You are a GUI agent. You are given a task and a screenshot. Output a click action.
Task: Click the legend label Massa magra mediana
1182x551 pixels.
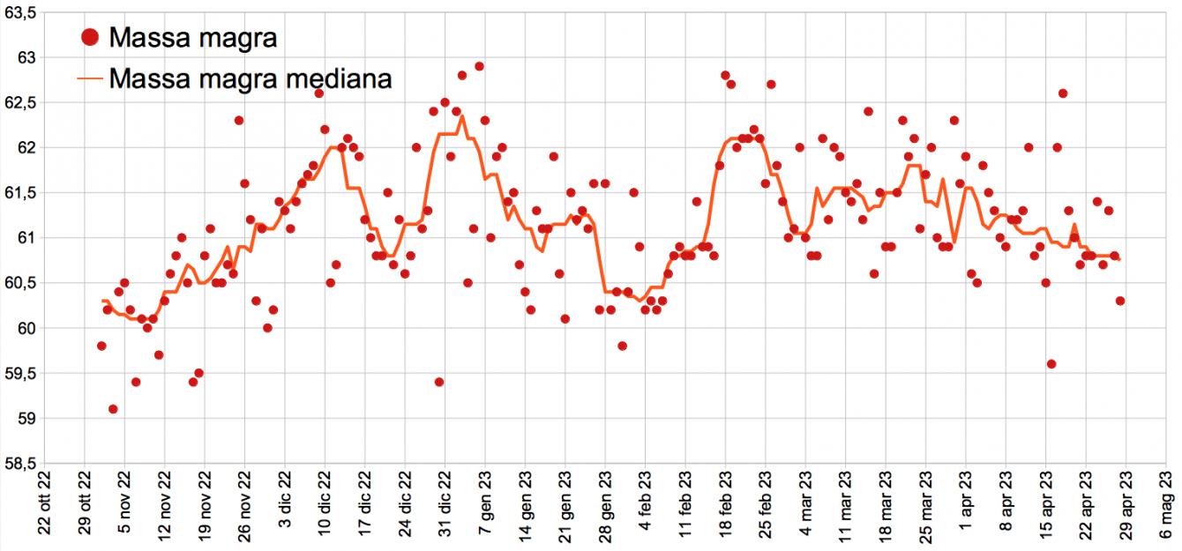(x=251, y=79)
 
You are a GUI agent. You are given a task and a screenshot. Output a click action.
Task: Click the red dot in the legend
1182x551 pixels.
(x=89, y=37)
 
